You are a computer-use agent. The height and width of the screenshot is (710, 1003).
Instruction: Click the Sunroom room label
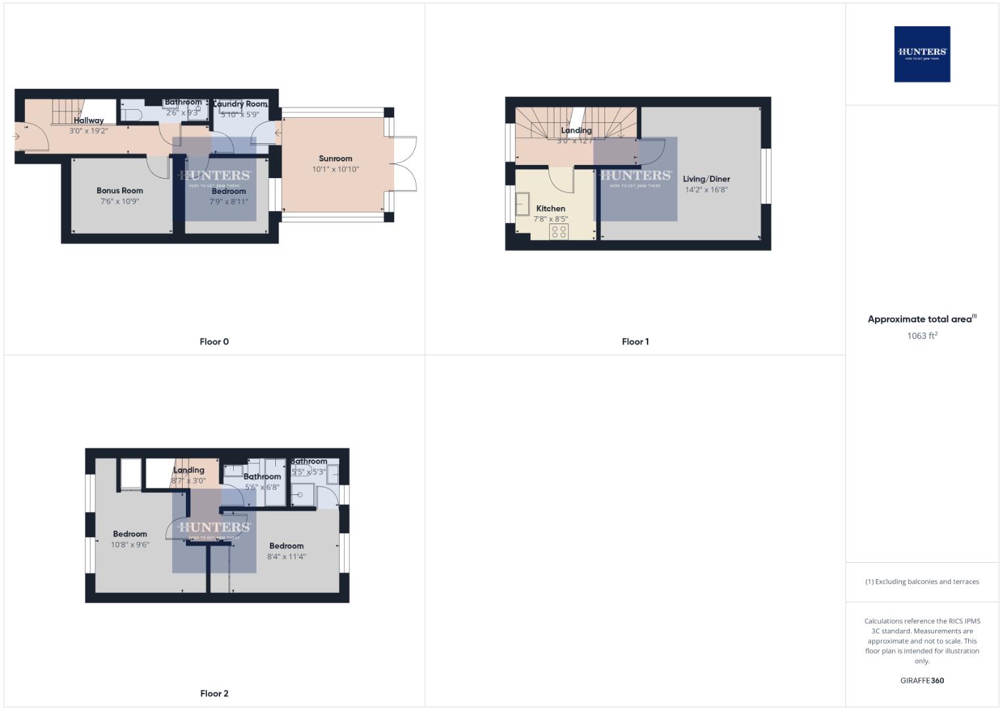coord(335,158)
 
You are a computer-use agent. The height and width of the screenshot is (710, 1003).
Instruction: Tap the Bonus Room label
coord(120,191)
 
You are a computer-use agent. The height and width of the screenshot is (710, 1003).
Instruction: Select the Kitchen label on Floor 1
coord(550,208)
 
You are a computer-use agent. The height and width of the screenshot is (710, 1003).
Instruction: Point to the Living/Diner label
coord(706,179)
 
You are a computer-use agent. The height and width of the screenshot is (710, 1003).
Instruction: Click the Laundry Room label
coord(240,104)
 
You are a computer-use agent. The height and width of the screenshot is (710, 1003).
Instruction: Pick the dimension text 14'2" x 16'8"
coord(706,190)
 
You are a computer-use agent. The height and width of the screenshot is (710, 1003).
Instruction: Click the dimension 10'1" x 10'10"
coord(335,170)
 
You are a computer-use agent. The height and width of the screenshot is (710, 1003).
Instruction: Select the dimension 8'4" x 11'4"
coord(286,557)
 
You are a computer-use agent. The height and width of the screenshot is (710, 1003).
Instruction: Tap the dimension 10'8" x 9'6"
coord(129,545)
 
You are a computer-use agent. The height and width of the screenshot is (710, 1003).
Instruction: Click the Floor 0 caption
coord(214,342)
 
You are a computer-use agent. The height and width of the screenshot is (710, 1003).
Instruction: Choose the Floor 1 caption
coord(635,342)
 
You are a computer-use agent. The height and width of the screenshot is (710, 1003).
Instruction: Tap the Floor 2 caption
coord(214,694)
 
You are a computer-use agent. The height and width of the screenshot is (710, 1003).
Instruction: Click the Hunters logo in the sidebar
coord(922,54)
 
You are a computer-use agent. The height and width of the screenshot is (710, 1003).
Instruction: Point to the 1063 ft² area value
coord(922,336)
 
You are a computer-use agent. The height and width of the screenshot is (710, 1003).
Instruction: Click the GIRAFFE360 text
coord(922,681)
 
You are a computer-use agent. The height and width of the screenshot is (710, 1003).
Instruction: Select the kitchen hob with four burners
coord(559,231)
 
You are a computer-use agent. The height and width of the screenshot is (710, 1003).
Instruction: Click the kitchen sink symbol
coord(523,204)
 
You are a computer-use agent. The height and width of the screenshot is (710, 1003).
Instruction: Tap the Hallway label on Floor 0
coord(89,120)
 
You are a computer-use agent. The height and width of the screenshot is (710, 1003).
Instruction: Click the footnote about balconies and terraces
coord(922,582)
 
